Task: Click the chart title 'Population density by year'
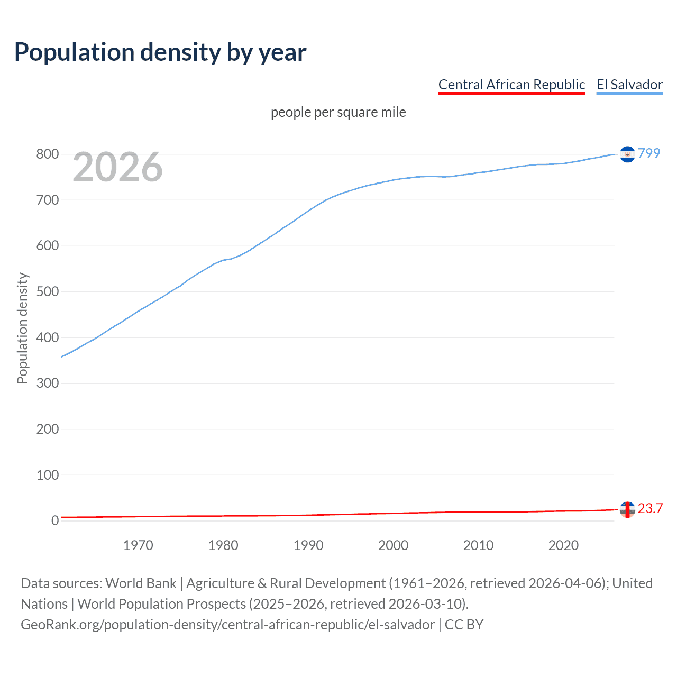click(160, 52)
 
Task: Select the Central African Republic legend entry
click(511, 85)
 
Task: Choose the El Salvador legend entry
click(629, 85)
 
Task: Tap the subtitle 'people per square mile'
click(338, 112)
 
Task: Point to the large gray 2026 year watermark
click(117, 167)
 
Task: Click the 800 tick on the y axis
click(47, 154)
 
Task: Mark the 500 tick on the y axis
click(47, 292)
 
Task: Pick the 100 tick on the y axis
click(47, 475)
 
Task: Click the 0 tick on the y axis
click(54, 521)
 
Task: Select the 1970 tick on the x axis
click(138, 545)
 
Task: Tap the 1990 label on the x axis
click(308, 545)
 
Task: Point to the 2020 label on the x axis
click(563, 545)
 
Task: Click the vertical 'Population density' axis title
click(22, 328)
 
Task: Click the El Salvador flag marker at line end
click(627, 154)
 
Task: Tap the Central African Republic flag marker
click(627, 509)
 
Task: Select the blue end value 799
click(649, 153)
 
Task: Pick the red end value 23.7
click(650, 509)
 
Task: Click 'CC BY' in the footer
click(464, 625)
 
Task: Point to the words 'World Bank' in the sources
click(141, 583)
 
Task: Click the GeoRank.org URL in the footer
click(227, 625)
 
